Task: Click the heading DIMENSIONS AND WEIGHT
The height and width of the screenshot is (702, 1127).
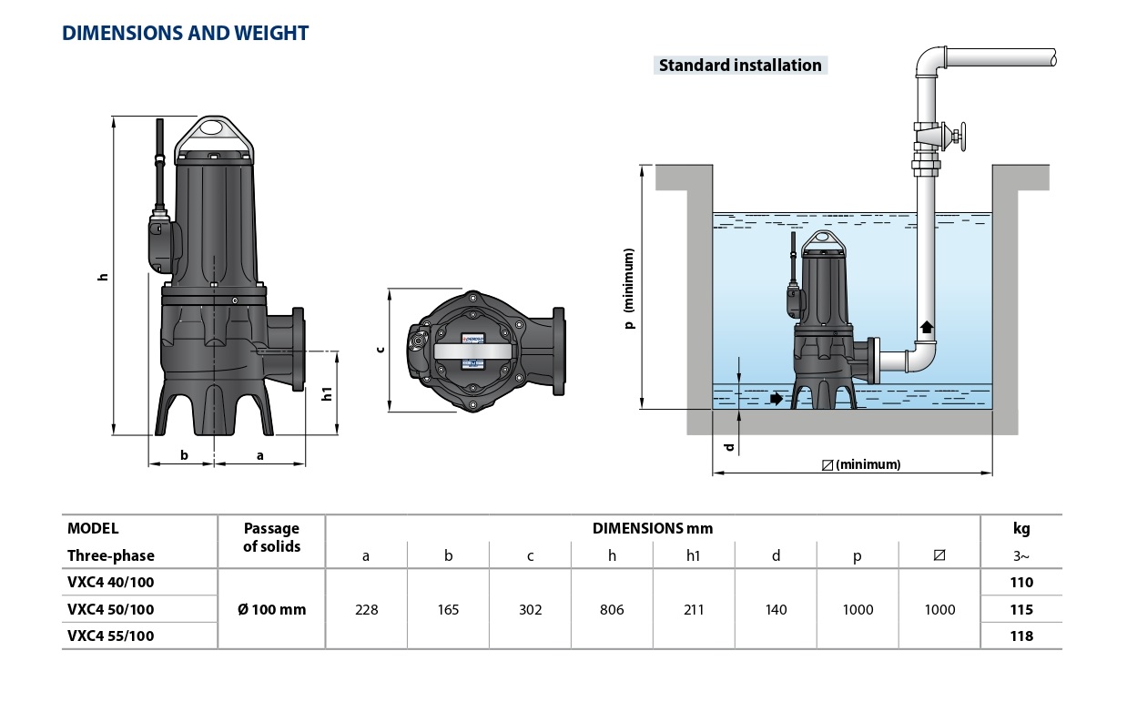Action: [185, 34]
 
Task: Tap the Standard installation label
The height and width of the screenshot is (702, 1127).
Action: [739, 65]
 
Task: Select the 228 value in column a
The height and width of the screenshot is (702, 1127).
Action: [366, 609]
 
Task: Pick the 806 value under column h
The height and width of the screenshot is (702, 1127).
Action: [612, 609]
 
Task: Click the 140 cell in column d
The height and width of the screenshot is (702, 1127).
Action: [776, 609]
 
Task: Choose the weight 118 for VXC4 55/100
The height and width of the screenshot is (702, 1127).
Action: [1021, 636]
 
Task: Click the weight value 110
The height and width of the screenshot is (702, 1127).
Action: [1021, 582]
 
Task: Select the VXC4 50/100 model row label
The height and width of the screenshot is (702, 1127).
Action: [110, 609]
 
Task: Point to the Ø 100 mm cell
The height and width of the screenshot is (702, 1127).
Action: [271, 609]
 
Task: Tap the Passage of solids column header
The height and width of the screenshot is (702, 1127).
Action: [271, 537]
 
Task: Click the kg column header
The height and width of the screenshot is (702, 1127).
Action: [1021, 528]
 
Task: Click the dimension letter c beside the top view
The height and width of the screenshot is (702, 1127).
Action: [381, 350]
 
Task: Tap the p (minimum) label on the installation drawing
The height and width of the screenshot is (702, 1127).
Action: [629, 288]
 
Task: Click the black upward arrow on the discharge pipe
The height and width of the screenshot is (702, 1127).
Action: [927, 326]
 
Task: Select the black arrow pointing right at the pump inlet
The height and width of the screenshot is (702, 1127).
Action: [776, 398]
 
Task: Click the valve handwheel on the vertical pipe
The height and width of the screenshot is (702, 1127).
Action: [961, 137]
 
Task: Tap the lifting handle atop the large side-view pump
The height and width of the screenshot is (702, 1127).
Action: [214, 137]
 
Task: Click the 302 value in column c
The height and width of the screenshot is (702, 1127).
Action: [530, 609]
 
